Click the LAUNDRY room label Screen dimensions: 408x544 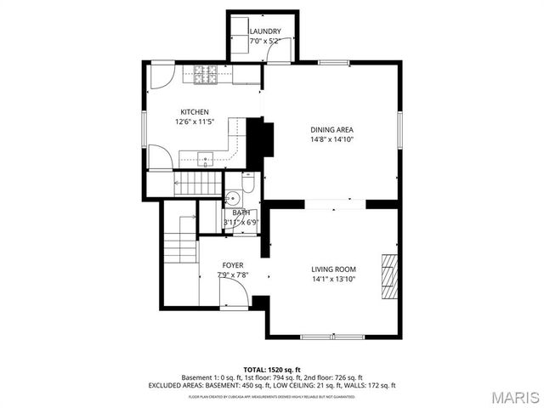pos(265,31)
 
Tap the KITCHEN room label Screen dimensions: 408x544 pos(194,112)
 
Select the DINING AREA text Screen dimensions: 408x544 pos(331,129)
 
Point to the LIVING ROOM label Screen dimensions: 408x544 pos(332,269)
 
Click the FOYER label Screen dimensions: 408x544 pos(233,265)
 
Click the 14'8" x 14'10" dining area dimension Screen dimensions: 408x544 pos(331,139)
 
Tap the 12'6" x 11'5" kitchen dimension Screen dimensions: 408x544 pos(194,122)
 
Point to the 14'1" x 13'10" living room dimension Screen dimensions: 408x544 pos(332,278)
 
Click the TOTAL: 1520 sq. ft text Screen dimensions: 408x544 pos(271,369)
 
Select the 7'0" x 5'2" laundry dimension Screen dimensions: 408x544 pos(265,41)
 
